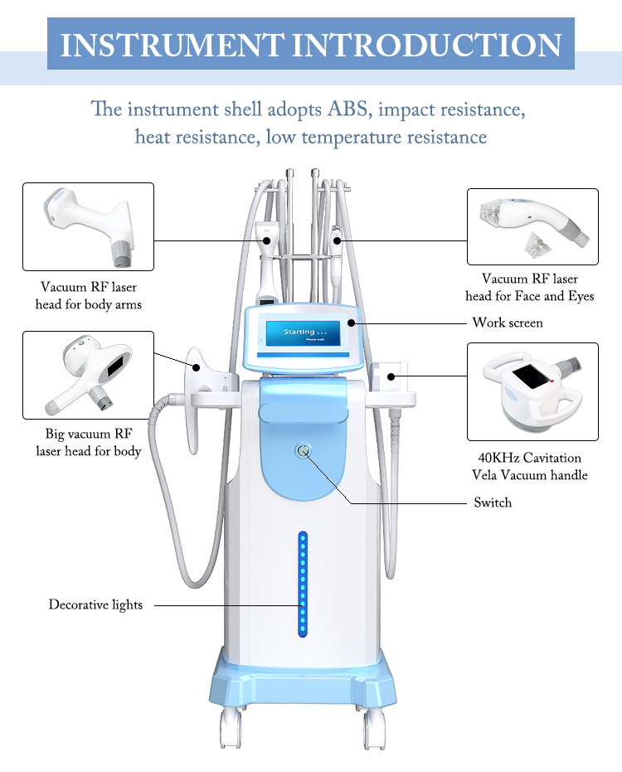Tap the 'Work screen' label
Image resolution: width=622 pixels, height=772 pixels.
point(507,322)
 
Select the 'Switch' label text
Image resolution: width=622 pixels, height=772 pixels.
point(493,503)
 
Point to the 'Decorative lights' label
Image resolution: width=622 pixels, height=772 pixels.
point(95,604)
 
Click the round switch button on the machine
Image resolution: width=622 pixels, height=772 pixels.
point(303,450)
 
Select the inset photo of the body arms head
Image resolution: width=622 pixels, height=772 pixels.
point(88,226)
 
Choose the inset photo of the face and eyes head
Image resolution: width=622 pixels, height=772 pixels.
point(532,226)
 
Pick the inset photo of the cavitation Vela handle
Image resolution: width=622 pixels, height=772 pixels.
point(532,391)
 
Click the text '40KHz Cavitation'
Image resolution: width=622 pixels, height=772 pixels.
point(529,458)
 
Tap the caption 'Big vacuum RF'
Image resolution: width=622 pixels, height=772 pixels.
point(88,434)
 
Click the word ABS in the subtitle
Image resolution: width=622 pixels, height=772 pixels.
point(350,109)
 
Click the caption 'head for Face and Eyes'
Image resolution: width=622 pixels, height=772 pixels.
point(529,296)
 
